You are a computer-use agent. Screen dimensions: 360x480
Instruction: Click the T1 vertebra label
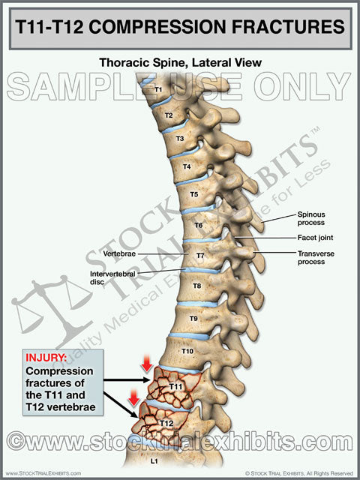158,90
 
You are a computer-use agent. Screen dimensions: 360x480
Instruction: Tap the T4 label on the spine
187,166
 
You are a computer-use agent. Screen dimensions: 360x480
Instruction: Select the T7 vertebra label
200,256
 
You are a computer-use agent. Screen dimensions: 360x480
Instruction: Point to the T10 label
187,351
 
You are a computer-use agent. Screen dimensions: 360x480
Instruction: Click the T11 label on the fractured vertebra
175,387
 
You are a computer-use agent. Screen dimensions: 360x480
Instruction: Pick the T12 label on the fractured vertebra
166,423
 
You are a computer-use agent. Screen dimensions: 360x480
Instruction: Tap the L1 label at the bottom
154,461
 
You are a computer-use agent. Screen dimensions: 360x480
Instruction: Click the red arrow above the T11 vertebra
147,363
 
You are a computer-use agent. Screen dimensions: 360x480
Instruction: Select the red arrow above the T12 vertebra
133,397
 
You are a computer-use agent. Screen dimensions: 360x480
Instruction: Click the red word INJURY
46,358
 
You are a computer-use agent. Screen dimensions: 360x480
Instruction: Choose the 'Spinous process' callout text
311,218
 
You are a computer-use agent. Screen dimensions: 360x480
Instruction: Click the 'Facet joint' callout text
315,238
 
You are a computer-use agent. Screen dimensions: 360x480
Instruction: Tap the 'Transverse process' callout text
316,258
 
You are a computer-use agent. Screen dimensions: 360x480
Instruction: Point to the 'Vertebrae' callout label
119,253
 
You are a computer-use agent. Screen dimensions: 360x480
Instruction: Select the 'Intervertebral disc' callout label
112,277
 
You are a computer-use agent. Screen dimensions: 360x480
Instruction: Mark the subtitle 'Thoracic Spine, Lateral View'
181,62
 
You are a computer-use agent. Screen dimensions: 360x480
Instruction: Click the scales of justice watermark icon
52,309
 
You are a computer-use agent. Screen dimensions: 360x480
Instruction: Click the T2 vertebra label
169,115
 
